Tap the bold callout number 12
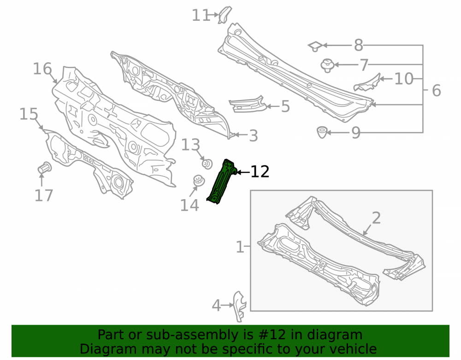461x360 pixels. point(260,172)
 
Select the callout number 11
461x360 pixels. point(201,15)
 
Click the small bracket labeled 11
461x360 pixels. point(225,15)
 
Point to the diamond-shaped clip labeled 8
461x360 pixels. point(315,46)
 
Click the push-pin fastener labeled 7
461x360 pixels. point(327,65)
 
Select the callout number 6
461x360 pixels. point(436,90)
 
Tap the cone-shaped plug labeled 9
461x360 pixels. point(322,132)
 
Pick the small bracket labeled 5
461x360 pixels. point(247,104)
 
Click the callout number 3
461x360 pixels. point(253,136)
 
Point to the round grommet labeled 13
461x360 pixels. point(207,164)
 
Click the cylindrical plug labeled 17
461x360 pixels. point(45,168)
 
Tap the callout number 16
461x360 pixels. point(42,69)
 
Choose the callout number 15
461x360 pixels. point(29,114)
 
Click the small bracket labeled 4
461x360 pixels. point(239,306)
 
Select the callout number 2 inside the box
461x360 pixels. point(376,218)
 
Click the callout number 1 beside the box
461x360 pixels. point(240,247)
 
